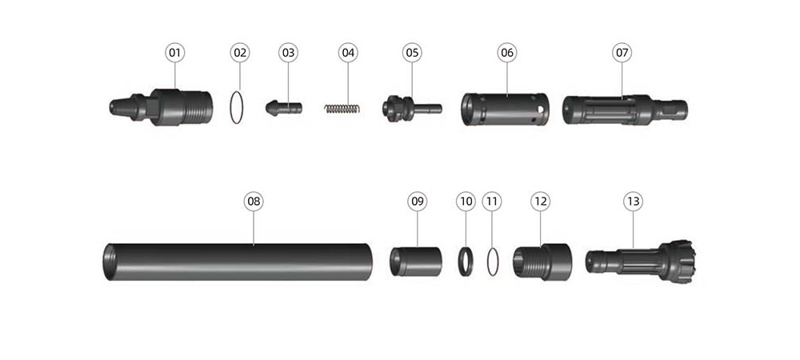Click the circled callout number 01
pyautogui.click(x=175, y=53)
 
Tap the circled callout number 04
pyautogui.click(x=348, y=53)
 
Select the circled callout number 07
pyautogui.click(x=622, y=53)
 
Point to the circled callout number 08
pyautogui.click(x=254, y=202)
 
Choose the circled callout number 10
pyautogui.click(x=466, y=202)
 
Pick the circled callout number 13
pyautogui.click(x=633, y=202)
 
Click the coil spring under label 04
pyautogui.click(x=342, y=108)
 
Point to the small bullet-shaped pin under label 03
pyautogui.click(x=284, y=107)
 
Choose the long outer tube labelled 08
pyautogui.click(x=238, y=262)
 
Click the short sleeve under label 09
pyautogui.click(x=416, y=262)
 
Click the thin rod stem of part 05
pyautogui.click(x=427, y=108)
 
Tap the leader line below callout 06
pyautogui.click(x=507, y=78)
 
